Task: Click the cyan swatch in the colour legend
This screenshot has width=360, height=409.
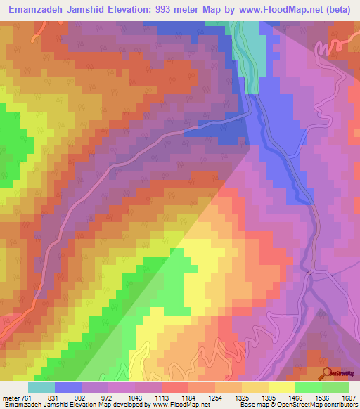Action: (x=41, y=387)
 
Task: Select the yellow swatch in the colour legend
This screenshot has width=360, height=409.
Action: (x=281, y=387)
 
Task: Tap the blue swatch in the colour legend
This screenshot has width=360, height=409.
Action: (x=67, y=387)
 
